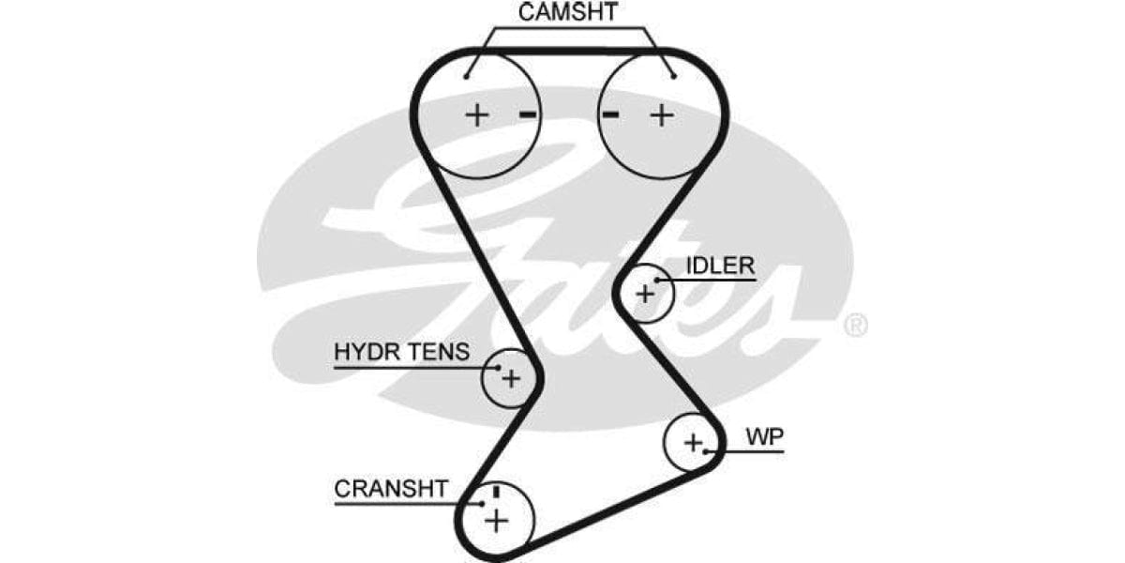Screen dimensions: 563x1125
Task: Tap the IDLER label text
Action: pos(719,266)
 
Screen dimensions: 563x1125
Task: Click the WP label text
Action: pos(765,436)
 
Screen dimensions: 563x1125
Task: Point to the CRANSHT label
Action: pos(391,490)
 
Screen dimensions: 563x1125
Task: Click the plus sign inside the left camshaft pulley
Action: pos(478,115)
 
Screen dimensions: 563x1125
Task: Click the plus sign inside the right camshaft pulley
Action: pos(663,115)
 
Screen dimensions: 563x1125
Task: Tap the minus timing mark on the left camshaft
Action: pos(528,115)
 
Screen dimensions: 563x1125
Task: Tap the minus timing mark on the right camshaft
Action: pos(610,115)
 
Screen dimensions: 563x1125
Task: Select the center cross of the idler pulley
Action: pos(645,294)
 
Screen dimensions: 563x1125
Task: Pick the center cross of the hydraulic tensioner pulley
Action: pos(510,378)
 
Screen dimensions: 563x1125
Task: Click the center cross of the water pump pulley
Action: pos(693,442)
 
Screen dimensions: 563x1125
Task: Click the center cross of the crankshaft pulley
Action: pos(496,519)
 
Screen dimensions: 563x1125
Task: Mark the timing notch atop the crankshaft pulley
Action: pos(496,492)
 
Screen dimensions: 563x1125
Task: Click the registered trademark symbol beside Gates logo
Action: pos(855,326)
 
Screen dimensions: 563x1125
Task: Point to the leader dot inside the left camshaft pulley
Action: pos(466,76)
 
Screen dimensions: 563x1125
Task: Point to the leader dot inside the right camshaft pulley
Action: pos(673,76)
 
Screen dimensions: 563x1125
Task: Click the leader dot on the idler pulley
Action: pos(658,280)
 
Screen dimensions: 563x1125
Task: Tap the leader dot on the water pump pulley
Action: pos(713,451)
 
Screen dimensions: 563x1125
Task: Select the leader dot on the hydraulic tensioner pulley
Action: pos(497,367)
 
